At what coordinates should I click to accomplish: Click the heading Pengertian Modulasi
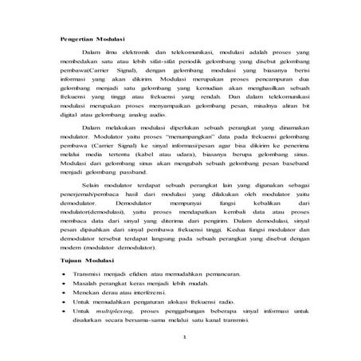(98, 38)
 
